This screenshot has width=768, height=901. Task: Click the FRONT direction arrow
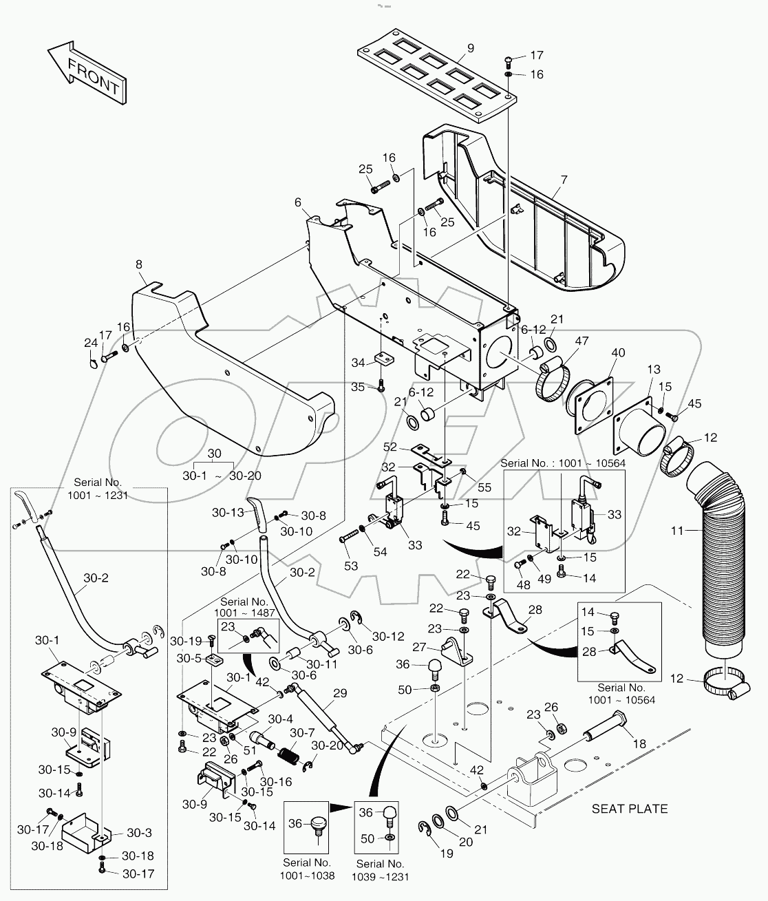coord(87,74)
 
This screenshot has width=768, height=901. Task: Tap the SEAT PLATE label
coord(629,809)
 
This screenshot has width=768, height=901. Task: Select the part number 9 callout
coord(471,48)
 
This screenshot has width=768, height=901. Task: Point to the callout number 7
coord(564,180)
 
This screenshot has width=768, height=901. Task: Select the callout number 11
coord(679,531)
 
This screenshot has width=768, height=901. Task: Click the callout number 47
coord(582,340)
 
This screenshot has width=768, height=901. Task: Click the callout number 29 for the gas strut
coord(339,694)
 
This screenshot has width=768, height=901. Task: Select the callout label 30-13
coord(227,512)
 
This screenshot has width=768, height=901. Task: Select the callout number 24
coord(91,342)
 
